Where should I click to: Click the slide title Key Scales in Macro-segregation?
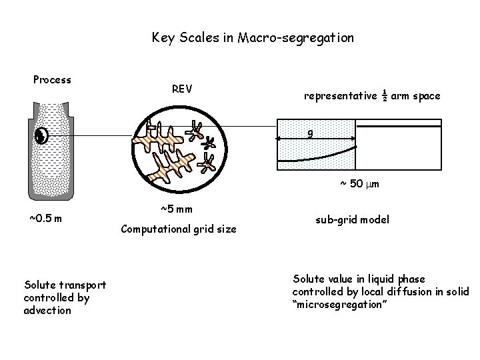(x=253, y=38)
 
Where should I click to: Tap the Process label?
(x=52, y=80)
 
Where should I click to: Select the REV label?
(x=182, y=89)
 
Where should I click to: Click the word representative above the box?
(x=340, y=96)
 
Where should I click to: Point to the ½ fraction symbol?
(x=385, y=95)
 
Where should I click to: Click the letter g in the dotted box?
(x=311, y=133)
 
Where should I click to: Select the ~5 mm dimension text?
(x=177, y=209)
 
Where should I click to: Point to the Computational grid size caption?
(x=178, y=229)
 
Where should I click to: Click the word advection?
(x=47, y=310)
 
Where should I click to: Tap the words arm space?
(x=415, y=96)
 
